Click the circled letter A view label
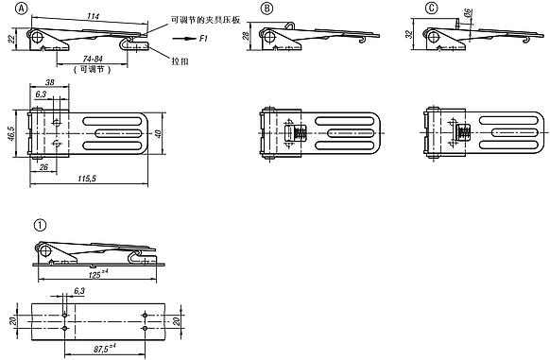21,9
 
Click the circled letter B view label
266,9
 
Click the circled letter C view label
431,9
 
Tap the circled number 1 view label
40,225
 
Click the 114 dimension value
93,16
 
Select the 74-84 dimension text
93,59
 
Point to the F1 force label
203,38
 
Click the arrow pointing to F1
183,38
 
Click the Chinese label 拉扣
180,61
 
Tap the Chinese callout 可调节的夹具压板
205,20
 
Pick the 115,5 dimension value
87,179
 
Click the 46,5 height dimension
10,133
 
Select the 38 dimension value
50,82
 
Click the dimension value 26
43,167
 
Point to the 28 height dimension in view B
246,36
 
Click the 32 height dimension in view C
409,35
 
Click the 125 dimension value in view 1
98,274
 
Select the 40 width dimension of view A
158,133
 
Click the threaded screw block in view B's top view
298,133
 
